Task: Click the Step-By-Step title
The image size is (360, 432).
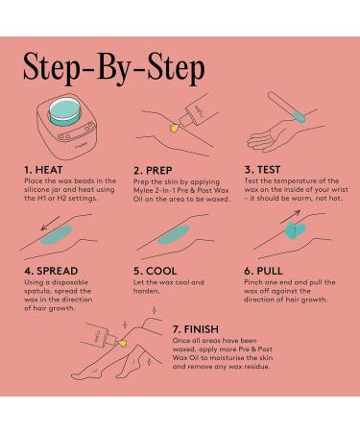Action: (114, 68)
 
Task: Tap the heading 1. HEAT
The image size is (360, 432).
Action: (43, 170)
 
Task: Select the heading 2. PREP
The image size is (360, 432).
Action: (153, 171)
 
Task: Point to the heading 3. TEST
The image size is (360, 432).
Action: (262, 170)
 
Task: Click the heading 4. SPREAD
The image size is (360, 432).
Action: (51, 271)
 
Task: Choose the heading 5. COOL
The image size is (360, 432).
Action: (156, 271)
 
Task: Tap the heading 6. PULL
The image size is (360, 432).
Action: (263, 271)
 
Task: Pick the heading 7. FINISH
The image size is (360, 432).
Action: (196, 329)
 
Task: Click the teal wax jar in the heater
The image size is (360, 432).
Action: (65, 113)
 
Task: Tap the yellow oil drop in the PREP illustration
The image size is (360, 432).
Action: (174, 129)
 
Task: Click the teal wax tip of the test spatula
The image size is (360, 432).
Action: (300, 116)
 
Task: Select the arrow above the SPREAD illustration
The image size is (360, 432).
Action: (51, 223)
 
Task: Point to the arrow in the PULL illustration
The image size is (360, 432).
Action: (291, 217)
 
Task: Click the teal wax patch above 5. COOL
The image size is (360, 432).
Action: (174, 234)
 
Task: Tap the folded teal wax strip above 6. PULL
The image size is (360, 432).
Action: (295, 230)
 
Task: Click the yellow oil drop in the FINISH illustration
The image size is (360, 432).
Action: (122, 344)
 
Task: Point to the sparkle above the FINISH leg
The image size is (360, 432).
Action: (155, 310)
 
